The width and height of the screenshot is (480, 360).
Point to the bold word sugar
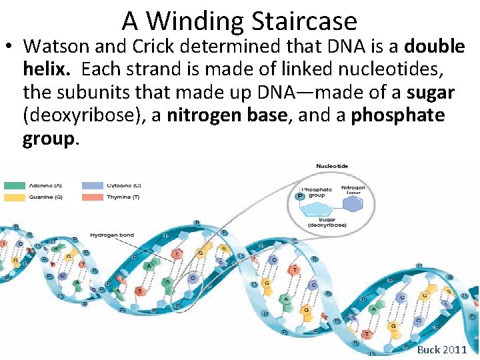pyautogui.click(x=431, y=93)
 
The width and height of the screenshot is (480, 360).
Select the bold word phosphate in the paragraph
pyautogui.click(x=398, y=116)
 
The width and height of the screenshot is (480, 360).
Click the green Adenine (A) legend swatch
pyautogui.click(x=14, y=185)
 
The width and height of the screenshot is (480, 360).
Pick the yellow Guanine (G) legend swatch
pyautogui.click(x=14, y=197)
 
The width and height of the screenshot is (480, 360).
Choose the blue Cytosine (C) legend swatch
pyautogui.click(x=92, y=185)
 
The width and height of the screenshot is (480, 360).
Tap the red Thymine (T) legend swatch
pyautogui.click(x=92, y=197)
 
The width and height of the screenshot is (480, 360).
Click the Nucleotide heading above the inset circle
pyautogui.click(x=331, y=166)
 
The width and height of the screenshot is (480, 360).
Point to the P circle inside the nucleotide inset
pyautogui.click(x=300, y=197)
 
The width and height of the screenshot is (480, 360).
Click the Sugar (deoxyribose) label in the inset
pyautogui.click(x=327, y=222)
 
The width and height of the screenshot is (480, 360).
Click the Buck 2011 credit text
pyautogui.click(x=441, y=349)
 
